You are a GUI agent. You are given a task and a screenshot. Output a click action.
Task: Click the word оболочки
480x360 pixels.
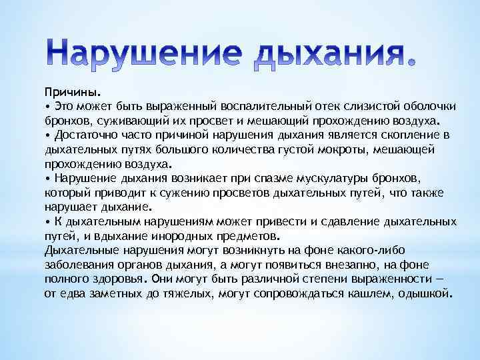tap(425, 107)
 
